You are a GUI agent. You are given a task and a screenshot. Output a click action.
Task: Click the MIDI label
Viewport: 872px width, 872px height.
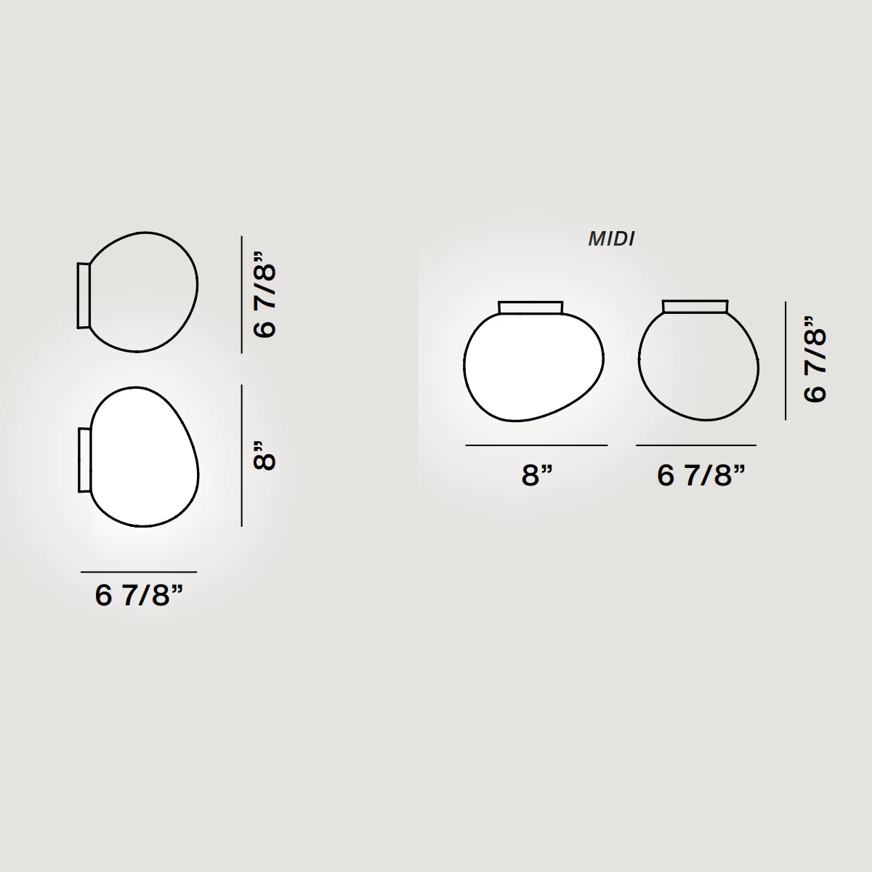(x=611, y=239)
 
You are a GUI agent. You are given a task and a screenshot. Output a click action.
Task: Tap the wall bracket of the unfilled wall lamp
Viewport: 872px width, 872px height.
(x=84, y=295)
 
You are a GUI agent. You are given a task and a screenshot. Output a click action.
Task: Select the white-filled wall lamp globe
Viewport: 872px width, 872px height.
(x=145, y=457)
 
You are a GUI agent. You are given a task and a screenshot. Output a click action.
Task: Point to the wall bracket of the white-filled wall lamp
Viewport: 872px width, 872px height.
(x=84, y=460)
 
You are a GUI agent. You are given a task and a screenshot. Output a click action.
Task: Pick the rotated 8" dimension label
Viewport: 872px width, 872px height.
(x=265, y=456)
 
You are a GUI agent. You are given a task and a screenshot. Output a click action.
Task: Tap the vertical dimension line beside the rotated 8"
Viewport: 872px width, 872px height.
(x=242, y=456)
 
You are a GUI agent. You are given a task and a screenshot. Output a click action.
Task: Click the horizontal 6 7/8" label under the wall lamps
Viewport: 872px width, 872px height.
(x=139, y=594)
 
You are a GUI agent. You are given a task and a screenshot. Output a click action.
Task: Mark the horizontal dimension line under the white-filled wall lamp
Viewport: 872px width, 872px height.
(x=139, y=572)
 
